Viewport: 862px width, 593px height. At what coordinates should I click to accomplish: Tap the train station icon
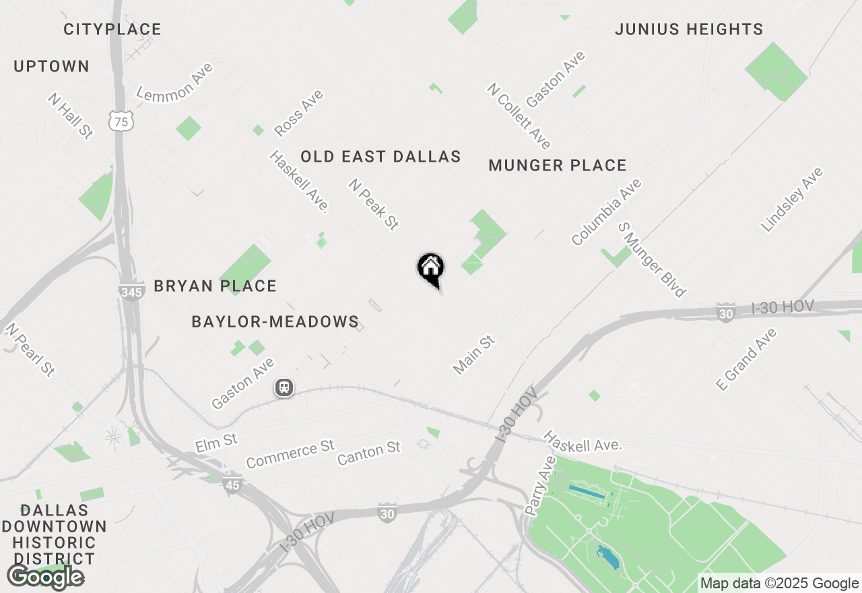coord(284,387)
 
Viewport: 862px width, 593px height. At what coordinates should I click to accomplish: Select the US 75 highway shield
coord(121,121)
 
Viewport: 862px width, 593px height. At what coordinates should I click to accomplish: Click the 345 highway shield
coord(131,291)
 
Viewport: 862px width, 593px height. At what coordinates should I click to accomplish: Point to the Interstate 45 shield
coord(232,485)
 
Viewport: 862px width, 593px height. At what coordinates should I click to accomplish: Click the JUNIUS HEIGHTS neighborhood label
coord(689,30)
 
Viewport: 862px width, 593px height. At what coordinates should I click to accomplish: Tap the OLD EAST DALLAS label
coord(380,157)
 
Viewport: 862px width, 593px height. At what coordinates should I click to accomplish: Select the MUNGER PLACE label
coord(558,166)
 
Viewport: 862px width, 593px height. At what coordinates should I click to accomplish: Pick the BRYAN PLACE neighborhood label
coord(215,286)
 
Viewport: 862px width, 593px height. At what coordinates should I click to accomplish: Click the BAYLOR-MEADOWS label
coord(275,322)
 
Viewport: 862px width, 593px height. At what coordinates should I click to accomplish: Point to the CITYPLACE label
coord(112,30)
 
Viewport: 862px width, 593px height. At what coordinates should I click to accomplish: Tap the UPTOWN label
coord(51,67)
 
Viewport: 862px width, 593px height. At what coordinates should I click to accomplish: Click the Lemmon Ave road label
coord(174,82)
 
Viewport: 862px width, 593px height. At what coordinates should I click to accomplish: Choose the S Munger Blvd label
coord(652,259)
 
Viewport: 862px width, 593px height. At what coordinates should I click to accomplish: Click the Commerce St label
coord(290,455)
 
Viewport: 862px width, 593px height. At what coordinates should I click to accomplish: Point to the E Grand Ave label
coord(746,358)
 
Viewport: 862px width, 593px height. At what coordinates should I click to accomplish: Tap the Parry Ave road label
coord(540,485)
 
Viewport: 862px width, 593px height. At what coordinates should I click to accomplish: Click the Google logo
coord(45,577)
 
